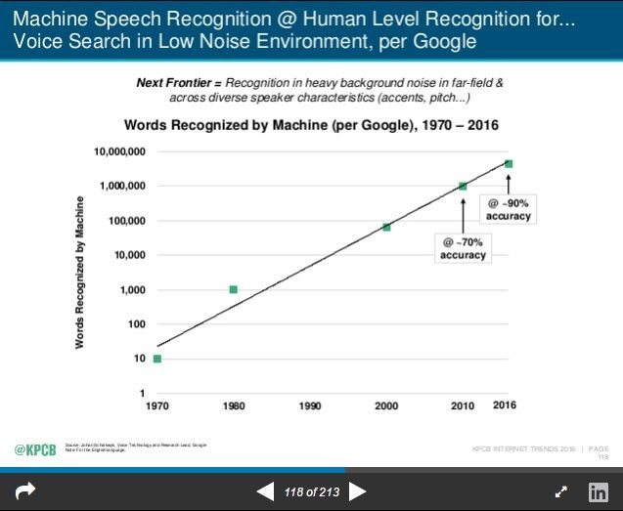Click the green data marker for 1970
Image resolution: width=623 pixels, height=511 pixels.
coord(157,359)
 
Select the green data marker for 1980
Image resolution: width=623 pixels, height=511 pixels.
coord(233,289)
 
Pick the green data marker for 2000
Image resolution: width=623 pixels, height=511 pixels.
coord(386,227)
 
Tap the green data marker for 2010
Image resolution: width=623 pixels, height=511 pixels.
coord(463,186)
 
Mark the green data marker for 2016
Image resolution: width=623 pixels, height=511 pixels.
coord(509,164)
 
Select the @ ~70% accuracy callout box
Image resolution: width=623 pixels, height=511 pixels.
coord(463,247)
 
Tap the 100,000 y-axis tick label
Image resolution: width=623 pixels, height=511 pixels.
coord(125,221)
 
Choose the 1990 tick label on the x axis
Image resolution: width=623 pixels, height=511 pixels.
coord(310,405)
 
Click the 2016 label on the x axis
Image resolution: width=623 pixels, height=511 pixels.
coord(504,405)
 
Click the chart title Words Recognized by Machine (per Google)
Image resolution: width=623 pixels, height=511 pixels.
coord(311,125)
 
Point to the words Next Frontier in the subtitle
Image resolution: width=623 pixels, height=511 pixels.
coord(170,83)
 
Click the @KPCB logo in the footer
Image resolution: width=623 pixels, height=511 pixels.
coord(33,448)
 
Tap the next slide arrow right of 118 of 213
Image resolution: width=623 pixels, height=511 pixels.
coord(358,491)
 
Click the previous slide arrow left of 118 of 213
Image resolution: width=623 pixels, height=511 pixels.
coord(265,491)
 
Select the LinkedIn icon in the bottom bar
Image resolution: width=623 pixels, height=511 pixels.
coord(599,492)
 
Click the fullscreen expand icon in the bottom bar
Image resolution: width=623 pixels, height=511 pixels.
coord(561,492)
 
